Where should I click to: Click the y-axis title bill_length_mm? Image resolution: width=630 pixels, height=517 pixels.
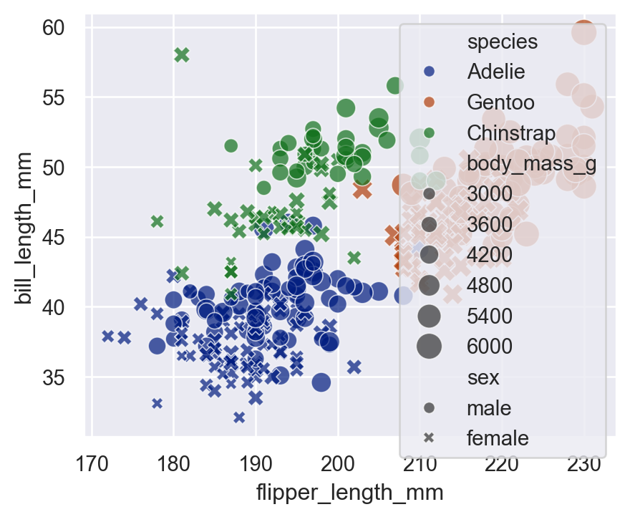(x=24, y=228)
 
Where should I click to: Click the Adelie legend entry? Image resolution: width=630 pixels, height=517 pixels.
(x=495, y=72)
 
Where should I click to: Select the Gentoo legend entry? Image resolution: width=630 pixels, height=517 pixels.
(x=500, y=102)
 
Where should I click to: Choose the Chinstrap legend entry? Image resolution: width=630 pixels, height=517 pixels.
(x=510, y=132)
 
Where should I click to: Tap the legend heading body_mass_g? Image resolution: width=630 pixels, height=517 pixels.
(x=531, y=163)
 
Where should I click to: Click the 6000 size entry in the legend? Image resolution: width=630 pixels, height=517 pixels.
(x=490, y=347)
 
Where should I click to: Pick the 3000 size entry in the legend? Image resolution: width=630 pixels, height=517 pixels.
(x=490, y=193)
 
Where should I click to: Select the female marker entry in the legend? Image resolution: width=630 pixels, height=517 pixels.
(x=497, y=438)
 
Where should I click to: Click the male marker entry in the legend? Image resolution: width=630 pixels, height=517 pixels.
(x=489, y=408)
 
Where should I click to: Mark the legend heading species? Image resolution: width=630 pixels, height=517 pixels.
(x=502, y=42)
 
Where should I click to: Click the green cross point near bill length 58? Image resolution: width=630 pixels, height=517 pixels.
(x=182, y=55)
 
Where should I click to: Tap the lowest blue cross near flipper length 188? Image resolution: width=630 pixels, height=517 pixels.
(x=239, y=417)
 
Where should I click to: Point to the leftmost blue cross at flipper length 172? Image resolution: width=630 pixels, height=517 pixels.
(x=107, y=336)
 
